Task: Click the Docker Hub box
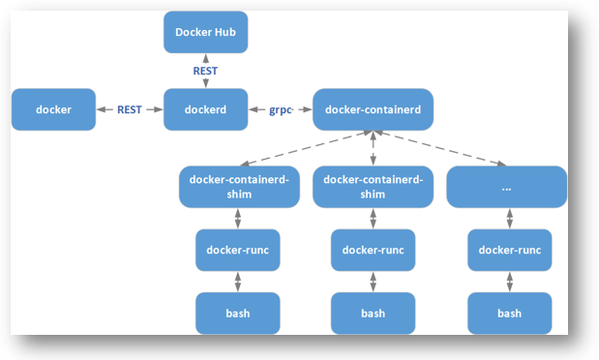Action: [x=205, y=33]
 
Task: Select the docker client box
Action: [x=54, y=109]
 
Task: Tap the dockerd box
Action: [x=205, y=109]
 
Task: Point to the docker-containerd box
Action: [x=373, y=109]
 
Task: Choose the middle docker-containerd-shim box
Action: [x=373, y=187]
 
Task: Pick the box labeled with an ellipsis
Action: [x=506, y=187]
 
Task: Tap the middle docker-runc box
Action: [x=373, y=250]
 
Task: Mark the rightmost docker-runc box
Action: [x=509, y=250]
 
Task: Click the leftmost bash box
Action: [x=237, y=313]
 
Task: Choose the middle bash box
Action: [x=373, y=313]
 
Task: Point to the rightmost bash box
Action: [x=509, y=313]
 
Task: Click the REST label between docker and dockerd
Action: [x=130, y=109]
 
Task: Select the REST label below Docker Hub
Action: [x=205, y=71]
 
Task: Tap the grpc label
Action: [x=281, y=109]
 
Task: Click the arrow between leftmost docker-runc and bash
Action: [x=237, y=282]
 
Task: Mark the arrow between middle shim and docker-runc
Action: [x=373, y=218]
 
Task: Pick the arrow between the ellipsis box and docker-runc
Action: [x=508, y=218]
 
